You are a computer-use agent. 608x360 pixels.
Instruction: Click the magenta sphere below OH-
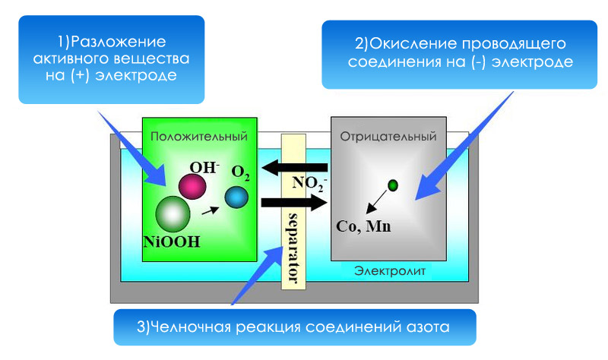[192, 186]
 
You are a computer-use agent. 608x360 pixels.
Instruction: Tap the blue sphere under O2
[236, 197]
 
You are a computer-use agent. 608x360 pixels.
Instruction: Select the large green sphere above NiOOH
[173, 214]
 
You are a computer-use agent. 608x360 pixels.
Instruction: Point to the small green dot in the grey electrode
[393, 185]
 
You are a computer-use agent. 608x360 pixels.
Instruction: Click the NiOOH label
[172, 242]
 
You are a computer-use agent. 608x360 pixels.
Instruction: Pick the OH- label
[204, 168]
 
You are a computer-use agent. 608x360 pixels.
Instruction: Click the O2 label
[240, 173]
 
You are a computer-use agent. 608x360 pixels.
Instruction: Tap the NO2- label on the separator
[309, 184]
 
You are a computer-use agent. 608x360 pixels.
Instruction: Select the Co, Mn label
[363, 226]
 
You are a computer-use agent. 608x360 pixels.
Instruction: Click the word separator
[293, 248]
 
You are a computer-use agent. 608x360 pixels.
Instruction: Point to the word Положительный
[199, 137]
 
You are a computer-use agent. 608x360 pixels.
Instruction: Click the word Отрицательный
[388, 137]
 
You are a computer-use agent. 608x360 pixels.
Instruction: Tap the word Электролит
[390, 271]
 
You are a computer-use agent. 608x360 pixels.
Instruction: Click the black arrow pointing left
[294, 168]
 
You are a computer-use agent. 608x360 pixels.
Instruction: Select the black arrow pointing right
[294, 202]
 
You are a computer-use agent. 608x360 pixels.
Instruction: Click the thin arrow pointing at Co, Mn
[377, 201]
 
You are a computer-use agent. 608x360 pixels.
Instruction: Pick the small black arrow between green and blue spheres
[211, 211]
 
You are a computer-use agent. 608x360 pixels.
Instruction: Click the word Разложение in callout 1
[119, 42]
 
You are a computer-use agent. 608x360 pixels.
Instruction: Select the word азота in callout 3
[428, 327]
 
